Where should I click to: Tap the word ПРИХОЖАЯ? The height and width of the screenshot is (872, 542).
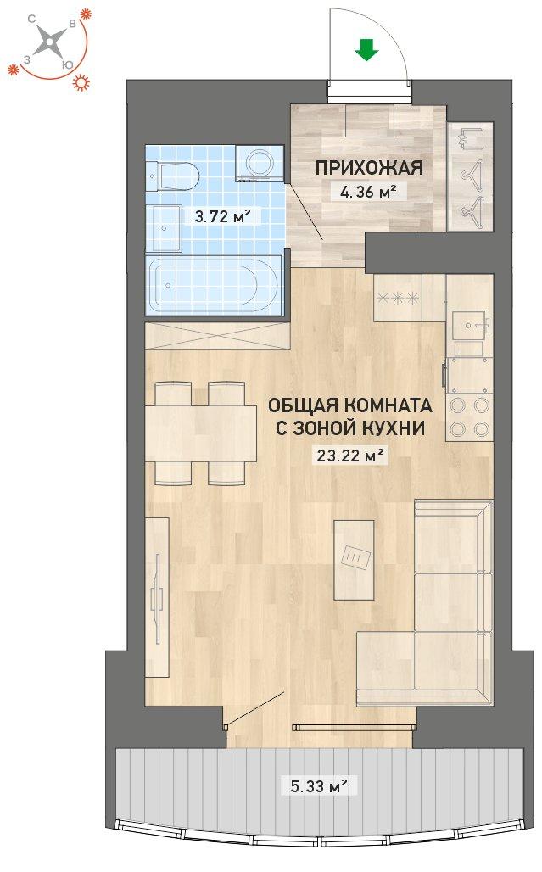click(369, 168)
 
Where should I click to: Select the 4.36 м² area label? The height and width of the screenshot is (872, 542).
click(369, 193)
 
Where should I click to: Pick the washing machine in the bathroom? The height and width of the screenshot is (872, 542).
click(259, 163)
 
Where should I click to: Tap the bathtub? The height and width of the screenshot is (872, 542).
click(215, 285)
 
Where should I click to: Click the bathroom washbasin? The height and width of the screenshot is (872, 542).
click(164, 228)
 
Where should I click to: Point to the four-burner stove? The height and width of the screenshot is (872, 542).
click(470, 417)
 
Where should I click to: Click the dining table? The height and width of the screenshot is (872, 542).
click(201, 433)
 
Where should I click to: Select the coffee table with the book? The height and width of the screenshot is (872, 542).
click(354, 560)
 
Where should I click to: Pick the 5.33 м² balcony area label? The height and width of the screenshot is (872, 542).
click(319, 786)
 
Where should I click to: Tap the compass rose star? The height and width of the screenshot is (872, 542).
click(51, 42)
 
